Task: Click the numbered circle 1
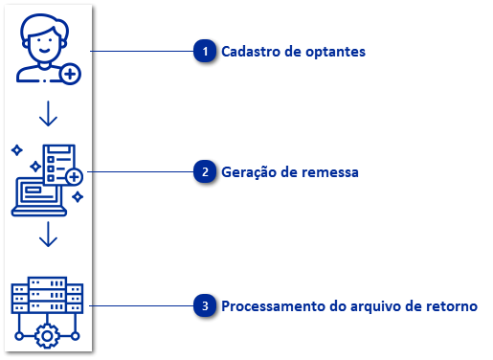(204, 52)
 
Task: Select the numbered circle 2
(204, 172)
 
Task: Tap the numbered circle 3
(204, 306)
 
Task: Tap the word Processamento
(271, 306)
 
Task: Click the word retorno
(451, 306)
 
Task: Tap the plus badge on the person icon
(69, 73)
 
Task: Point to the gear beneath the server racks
(47, 335)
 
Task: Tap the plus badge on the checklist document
(73, 177)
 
